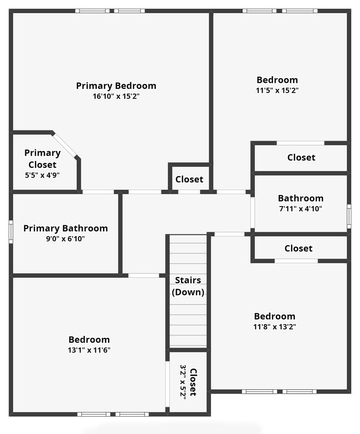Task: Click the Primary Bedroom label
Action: tap(116, 86)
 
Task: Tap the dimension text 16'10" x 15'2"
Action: tap(116, 96)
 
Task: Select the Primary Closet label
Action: tap(43, 158)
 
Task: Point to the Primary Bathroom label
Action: tap(66, 228)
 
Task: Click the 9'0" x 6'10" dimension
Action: tap(65, 239)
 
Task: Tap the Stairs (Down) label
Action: tap(188, 286)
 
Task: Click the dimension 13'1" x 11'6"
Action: tap(89, 350)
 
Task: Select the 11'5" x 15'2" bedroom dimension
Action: tap(277, 91)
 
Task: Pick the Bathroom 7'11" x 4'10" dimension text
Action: tap(301, 209)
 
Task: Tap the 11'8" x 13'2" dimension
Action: tap(275, 327)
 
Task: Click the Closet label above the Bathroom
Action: tap(301, 158)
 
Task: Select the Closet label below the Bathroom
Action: tap(298, 248)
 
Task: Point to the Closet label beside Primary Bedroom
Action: tap(189, 179)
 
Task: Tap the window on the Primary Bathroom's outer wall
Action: tap(11, 232)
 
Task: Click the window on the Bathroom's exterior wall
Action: tap(349, 217)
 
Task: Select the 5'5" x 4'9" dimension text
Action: tap(43, 175)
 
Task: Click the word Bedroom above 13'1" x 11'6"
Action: tap(89, 340)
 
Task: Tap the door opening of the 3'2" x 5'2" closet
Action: tap(167, 384)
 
